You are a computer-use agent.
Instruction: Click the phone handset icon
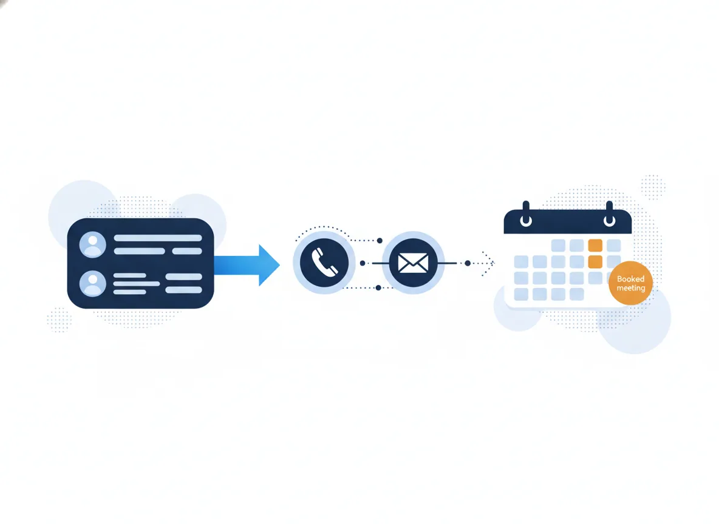pos(324,263)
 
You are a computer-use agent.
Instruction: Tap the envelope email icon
pos(413,263)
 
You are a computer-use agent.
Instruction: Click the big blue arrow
pos(247,265)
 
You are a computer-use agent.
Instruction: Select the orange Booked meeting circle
pos(630,283)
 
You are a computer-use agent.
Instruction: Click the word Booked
pos(630,278)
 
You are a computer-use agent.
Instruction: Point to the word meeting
pos(630,288)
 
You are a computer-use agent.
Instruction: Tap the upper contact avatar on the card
pos(93,244)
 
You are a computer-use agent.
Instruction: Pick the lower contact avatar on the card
pos(93,283)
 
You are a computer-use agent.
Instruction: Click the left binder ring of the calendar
pos(526,214)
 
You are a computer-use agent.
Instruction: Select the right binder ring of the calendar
pos(610,214)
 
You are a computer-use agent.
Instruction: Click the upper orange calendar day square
pos(595,245)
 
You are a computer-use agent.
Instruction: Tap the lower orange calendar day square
pos(595,261)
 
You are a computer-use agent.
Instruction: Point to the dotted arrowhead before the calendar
pos(489,263)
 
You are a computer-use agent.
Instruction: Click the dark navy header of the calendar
pos(568,222)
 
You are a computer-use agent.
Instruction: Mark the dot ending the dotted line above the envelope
pos(380,241)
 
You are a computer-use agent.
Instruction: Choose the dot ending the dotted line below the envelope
pos(378,287)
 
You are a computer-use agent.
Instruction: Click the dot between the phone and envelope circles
pos(363,263)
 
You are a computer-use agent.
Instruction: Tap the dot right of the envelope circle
pos(468,263)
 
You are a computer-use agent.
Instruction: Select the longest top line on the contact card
pos(158,238)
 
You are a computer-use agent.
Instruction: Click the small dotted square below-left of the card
pos(59,319)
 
